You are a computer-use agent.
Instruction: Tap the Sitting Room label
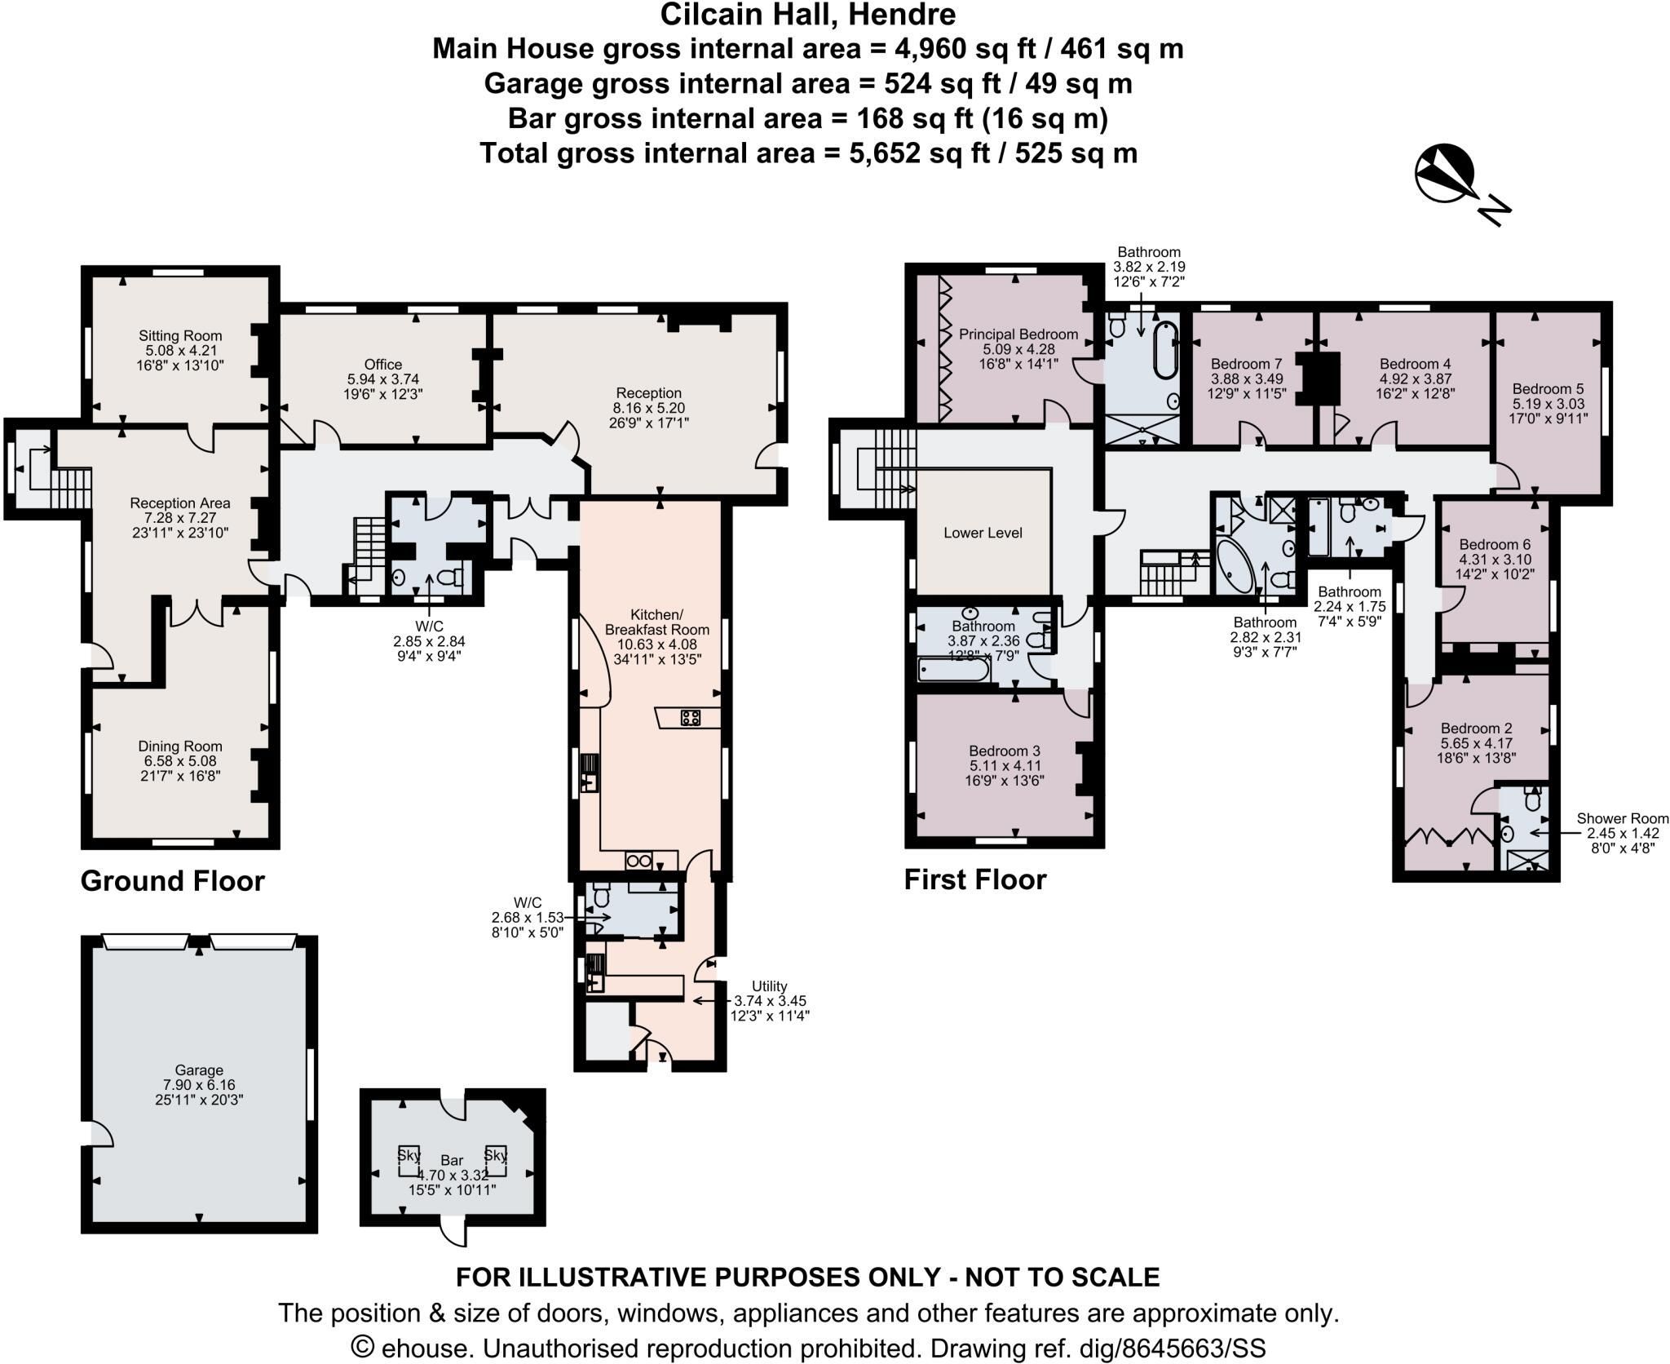tap(180, 335)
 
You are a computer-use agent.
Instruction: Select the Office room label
tap(383, 365)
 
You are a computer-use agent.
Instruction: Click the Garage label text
tap(199, 1069)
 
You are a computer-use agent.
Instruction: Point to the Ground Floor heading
tap(173, 881)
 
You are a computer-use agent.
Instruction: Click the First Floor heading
tap(975, 879)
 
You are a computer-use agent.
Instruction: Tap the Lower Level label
tap(983, 533)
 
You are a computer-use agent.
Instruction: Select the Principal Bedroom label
tap(1018, 334)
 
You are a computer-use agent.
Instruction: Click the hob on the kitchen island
tap(691, 718)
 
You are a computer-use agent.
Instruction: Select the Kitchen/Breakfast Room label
tap(657, 622)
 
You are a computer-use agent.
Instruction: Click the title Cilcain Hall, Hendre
tap(808, 15)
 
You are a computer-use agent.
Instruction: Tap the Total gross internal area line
tap(808, 153)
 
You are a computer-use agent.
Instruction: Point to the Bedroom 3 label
tap(1005, 751)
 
